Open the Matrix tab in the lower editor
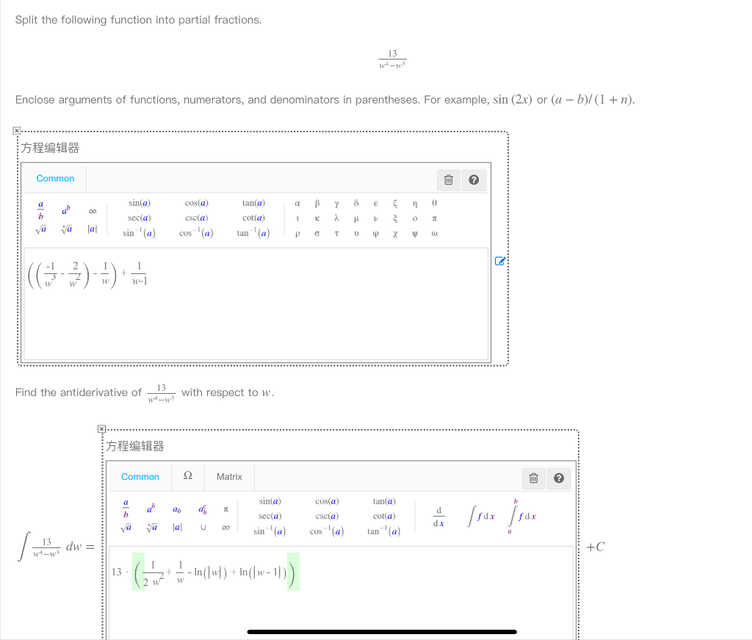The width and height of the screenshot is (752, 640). tap(229, 477)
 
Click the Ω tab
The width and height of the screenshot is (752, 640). tap(187, 476)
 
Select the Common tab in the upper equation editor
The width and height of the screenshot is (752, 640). tap(55, 179)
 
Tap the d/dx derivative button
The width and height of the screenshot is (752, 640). tap(439, 516)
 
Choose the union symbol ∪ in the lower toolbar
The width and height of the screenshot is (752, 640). tap(202, 528)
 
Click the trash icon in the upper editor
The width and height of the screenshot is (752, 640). tap(447, 180)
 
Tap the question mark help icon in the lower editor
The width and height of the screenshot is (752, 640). tap(558, 478)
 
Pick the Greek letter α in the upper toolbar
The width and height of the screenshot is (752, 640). tap(297, 204)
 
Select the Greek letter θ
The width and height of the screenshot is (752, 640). tap(435, 204)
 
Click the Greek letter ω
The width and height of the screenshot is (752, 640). tap(435, 234)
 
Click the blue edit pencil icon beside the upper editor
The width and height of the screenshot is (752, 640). tap(500, 260)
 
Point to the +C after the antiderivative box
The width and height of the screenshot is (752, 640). tap(596, 547)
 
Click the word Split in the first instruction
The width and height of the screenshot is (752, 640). tap(26, 20)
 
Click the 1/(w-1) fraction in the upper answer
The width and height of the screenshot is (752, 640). tap(139, 273)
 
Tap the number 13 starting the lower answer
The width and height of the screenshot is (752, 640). tap(117, 572)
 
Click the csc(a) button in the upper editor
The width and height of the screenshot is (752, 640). tap(196, 218)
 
